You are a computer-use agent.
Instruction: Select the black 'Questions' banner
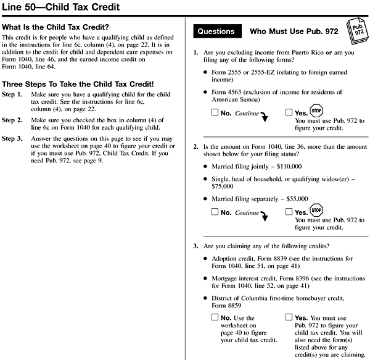click(215, 31)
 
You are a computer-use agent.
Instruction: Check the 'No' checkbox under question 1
click(214, 113)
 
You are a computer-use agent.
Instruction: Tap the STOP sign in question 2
click(316, 210)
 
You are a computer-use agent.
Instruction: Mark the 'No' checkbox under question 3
click(214, 317)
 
